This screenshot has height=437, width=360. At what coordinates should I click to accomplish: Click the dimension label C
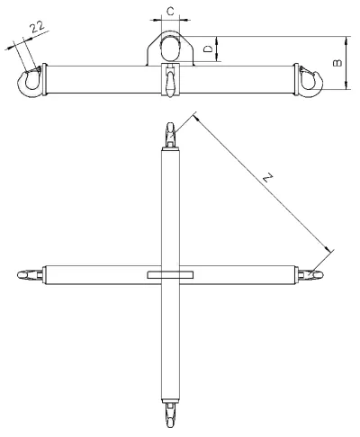coord(170,12)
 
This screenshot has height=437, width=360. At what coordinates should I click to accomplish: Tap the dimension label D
coord(208,49)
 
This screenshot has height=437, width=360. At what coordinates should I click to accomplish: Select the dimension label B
coord(337,63)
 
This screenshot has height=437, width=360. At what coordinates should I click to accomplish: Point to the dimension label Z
coord(268,177)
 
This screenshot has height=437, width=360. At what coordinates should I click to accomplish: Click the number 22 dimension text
coord(38,27)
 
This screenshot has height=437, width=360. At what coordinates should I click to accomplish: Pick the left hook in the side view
coord(30,81)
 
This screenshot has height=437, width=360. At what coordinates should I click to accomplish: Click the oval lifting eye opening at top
coord(170,49)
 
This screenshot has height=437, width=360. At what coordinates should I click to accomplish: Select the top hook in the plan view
coord(170,134)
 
